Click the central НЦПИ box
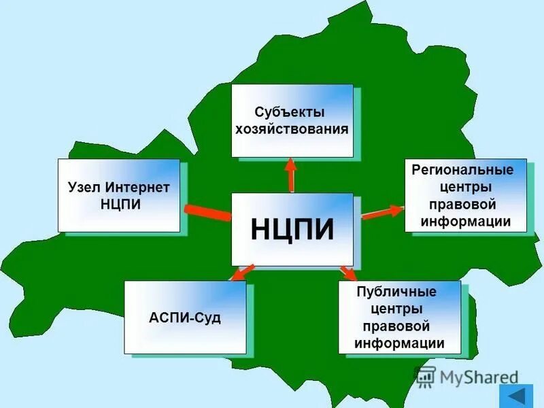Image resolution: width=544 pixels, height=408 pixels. (x=292, y=229)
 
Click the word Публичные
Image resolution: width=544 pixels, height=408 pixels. (x=396, y=292)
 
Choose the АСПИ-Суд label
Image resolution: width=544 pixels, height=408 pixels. (x=184, y=318)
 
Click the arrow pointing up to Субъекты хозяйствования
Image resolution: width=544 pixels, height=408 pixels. (x=291, y=175)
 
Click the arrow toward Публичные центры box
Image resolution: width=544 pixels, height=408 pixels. (x=347, y=272)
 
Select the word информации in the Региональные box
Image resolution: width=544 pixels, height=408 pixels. (x=465, y=221)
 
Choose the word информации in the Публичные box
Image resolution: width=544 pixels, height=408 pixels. (x=399, y=343)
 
